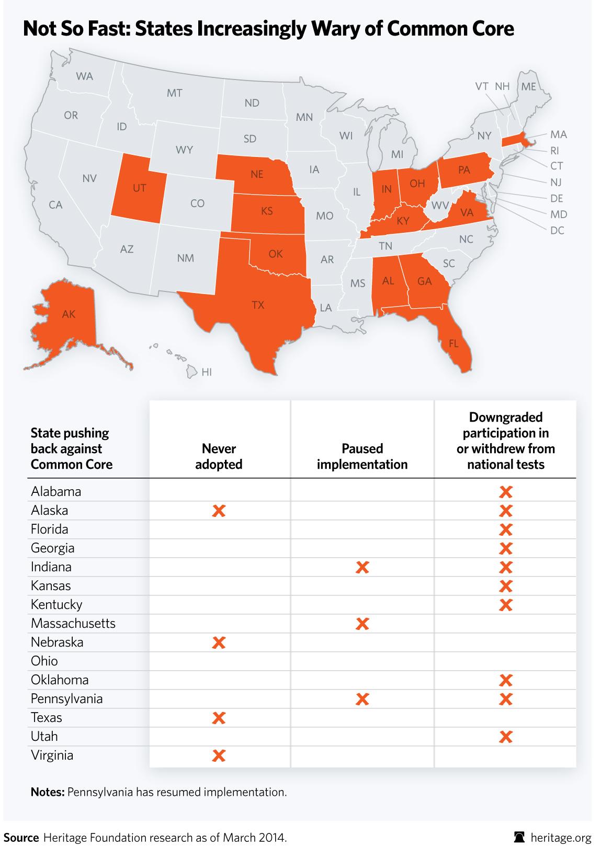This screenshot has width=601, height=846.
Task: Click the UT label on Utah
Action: click(139, 188)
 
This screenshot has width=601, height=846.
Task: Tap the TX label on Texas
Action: click(258, 305)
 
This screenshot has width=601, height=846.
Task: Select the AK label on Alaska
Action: click(69, 314)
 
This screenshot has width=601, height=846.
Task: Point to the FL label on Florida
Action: click(453, 344)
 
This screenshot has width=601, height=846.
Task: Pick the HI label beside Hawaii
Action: click(207, 373)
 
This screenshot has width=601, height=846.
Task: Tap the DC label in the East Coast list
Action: click(557, 230)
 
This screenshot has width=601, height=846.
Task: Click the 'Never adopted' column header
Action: click(219, 456)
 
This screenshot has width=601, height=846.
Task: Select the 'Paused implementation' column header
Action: click(362, 456)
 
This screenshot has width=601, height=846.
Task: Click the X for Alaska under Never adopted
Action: click(219, 511)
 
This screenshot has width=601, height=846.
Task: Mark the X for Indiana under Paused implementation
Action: click(362, 567)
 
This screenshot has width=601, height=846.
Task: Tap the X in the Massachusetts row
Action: click(362, 624)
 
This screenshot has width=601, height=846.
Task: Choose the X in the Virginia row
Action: click(219, 755)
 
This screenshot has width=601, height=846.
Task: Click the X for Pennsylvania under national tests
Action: click(505, 699)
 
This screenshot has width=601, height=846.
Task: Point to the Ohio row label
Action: click(44, 661)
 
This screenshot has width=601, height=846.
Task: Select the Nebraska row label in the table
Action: click(57, 642)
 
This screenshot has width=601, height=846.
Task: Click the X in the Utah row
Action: click(505, 737)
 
